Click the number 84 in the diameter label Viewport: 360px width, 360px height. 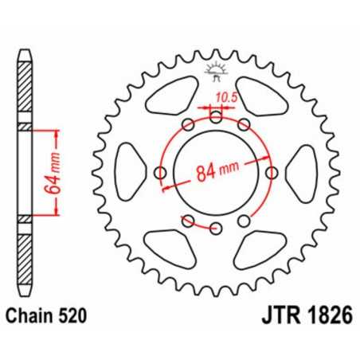pos(205,172)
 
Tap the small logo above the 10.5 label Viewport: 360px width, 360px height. pos(216,70)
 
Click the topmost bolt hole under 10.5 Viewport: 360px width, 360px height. pos(216,116)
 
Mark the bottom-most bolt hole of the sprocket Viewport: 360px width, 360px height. pos(216,228)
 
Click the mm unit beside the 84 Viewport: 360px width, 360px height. pos(232,172)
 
